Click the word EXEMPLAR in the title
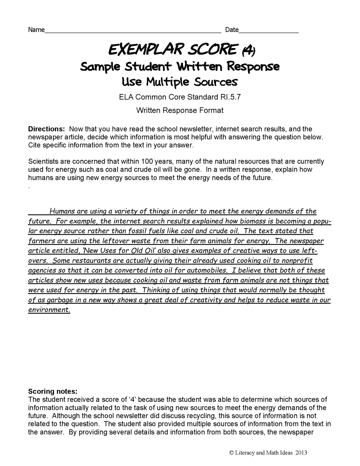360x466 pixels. (x=140, y=50)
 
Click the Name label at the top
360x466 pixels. (x=36, y=30)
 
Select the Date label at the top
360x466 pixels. (x=232, y=30)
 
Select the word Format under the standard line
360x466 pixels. (x=211, y=110)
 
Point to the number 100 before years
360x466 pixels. (x=148, y=161)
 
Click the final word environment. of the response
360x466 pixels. (x=49, y=310)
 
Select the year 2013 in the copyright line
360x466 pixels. (x=300, y=452)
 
